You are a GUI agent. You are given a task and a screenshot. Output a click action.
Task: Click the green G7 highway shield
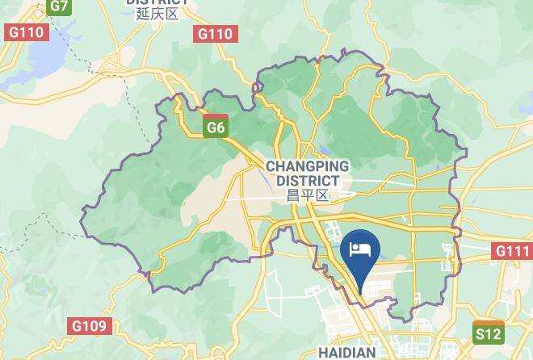click(58, 6)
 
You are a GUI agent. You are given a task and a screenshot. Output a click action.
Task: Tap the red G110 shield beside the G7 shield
click(27, 32)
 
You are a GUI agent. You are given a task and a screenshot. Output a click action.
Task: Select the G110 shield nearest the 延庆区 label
click(216, 33)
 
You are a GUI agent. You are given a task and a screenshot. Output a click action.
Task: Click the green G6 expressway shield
click(216, 128)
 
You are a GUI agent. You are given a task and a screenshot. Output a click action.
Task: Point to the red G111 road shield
click(512, 251)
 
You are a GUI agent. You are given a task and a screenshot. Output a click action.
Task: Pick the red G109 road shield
click(89, 326)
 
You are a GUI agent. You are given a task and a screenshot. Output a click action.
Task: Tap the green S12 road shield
click(488, 333)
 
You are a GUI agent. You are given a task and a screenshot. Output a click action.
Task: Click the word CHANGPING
click(307, 166)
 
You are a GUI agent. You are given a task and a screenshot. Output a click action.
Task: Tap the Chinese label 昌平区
click(308, 195)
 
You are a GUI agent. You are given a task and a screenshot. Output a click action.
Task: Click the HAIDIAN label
click(346, 353)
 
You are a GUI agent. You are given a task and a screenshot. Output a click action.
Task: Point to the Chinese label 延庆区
click(157, 14)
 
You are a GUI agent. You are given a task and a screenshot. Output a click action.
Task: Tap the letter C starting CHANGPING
click(271, 166)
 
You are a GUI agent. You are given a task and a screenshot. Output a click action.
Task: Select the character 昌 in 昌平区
click(293, 195)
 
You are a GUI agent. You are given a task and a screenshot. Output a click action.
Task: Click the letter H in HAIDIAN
click(322, 353)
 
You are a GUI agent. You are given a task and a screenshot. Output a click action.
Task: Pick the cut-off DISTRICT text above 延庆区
click(157, 2)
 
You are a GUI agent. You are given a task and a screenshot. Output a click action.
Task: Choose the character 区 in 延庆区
click(171, 14)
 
